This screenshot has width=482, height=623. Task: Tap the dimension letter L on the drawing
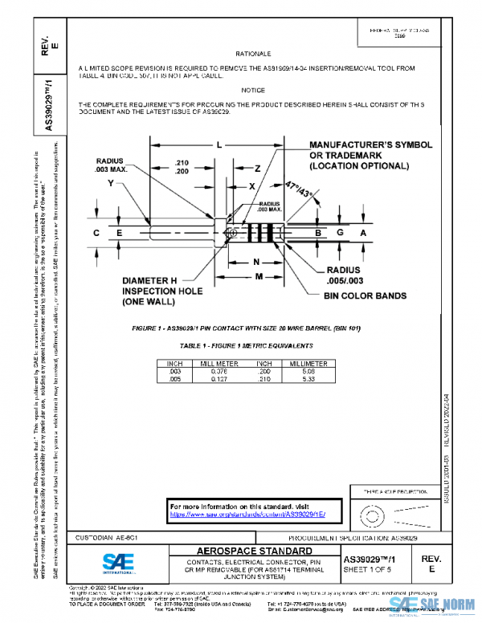click(218, 145)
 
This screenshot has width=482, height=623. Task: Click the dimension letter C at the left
click(96, 233)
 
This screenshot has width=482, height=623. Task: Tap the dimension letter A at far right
click(362, 233)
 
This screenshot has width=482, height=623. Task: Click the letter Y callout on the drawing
click(110, 182)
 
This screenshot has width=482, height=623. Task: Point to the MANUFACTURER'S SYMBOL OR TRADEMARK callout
click(370, 155)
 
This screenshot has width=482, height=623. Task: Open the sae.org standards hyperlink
click(254, 515)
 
